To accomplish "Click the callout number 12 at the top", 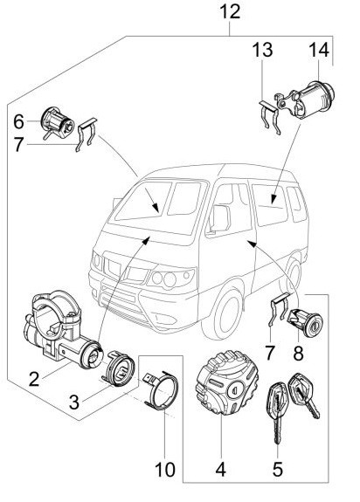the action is [x=230, y=11].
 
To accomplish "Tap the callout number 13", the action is [x=262, y=50].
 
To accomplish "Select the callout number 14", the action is [x=319, y=50].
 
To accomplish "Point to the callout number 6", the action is [x=18, y=121].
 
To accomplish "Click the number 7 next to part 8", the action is [x=270, y=353].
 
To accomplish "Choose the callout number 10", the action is [x=165, y=470].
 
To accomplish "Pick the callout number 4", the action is [x=221, y=470].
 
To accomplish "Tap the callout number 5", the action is [x=277, y=470].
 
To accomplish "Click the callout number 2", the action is [x=33, y=379].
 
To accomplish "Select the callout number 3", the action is [x=74, y=402].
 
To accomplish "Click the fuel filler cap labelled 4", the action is [x=226, y=383].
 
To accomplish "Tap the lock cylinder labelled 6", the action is [x=58, y=124].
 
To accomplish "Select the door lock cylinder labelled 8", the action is [x=305, y=323].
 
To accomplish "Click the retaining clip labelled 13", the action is [x=269, y=117].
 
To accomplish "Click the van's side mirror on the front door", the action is [x=219, y=218].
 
